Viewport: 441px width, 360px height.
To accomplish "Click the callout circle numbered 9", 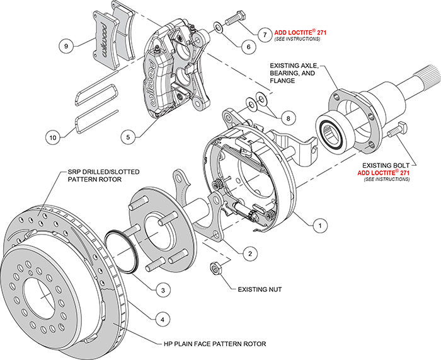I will point(66,45).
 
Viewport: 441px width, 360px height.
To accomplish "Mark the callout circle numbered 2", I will point(250,253).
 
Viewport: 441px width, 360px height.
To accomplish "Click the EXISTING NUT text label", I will point(259,289).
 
